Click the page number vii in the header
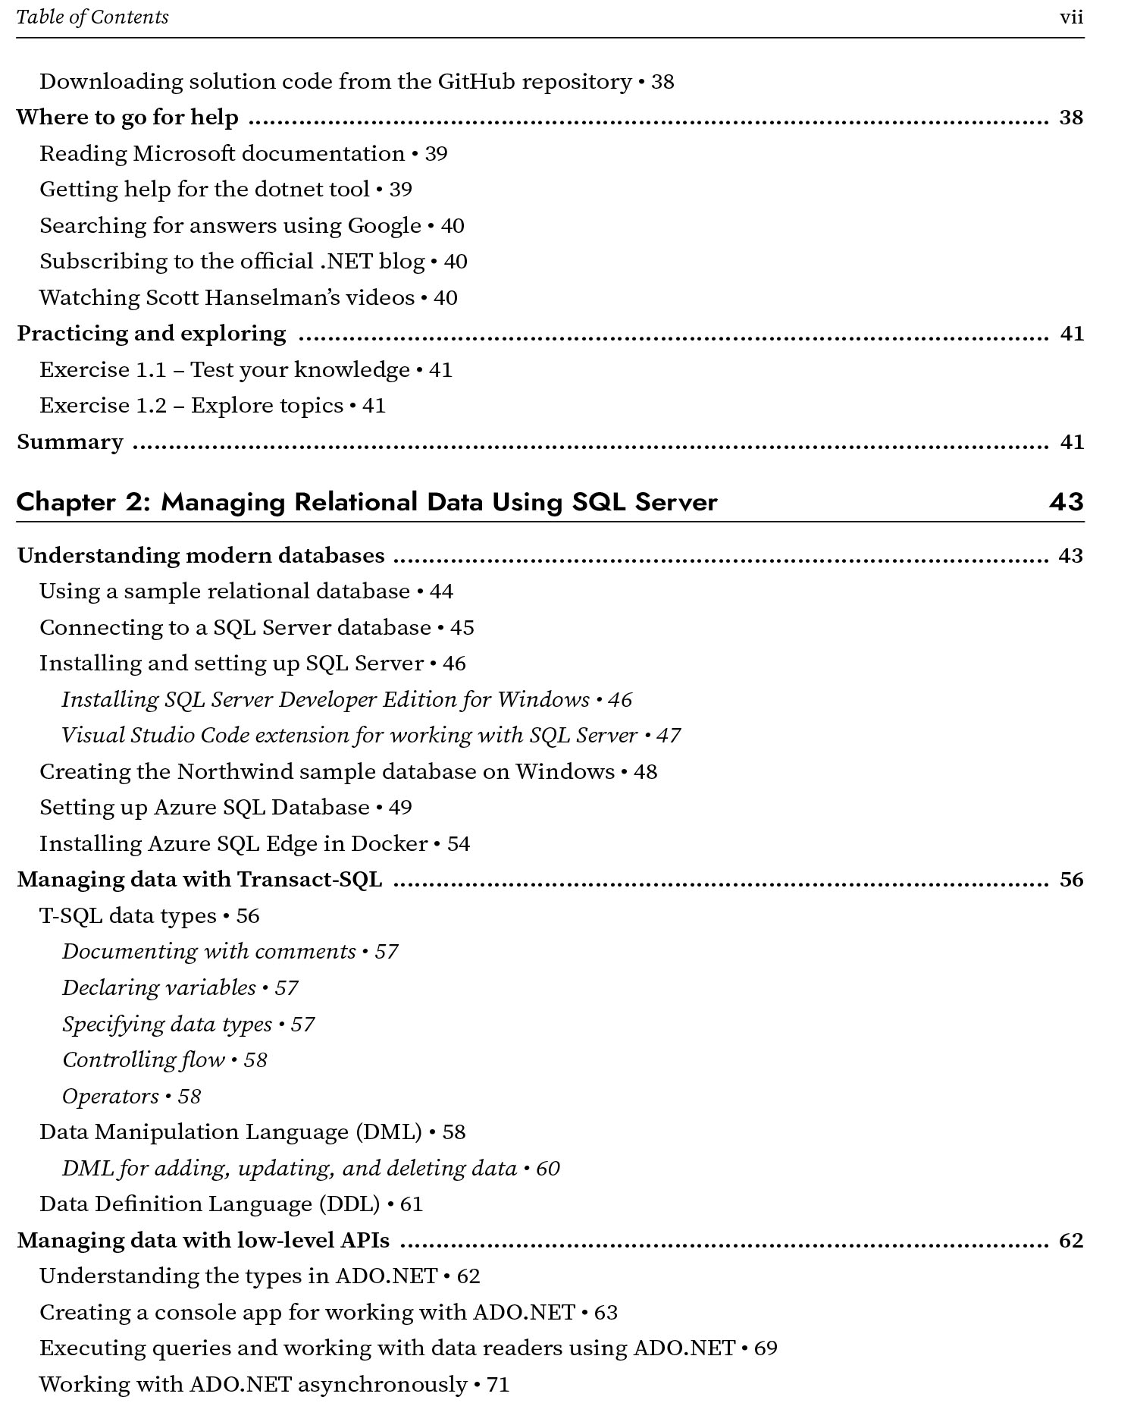click(x=1071, y=17)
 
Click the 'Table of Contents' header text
click(x=92, y=17)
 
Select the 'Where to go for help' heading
click(x=127, y=118)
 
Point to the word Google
click(x=384, y=226)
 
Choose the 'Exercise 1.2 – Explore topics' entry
click(x=191, y=406)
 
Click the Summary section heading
click(x=70, y=442)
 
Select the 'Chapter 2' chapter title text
click(x=366, y=502)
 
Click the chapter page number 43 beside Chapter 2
click(x=1066, y=502)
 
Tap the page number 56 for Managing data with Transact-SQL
click(x=1071, y=880)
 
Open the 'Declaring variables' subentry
click(x=159, y=988)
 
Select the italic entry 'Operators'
click(x=111, y=1097)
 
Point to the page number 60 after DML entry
click(x=548, y=1169)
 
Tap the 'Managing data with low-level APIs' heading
click(x=203, y=1241)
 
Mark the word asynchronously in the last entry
click(x=382, y=1385)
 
